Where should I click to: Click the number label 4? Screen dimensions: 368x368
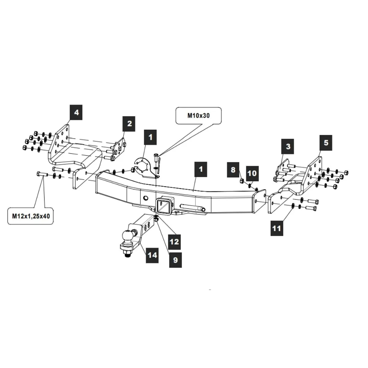[77, 112]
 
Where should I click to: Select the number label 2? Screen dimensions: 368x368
[129, 124]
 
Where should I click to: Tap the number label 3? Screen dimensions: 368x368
[288, 146]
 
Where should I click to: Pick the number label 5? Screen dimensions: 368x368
[326, 142]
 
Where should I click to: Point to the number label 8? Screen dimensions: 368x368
[233, 170]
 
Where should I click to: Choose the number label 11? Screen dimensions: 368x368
[276, 228]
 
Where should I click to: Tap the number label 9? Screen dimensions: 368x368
[175, 259]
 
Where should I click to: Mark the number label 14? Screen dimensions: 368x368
[152, 255]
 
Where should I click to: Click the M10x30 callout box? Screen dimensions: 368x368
[199, 115]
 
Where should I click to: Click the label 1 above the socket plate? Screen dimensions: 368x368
[150, 137]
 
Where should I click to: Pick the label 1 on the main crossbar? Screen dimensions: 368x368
[201, 170]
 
